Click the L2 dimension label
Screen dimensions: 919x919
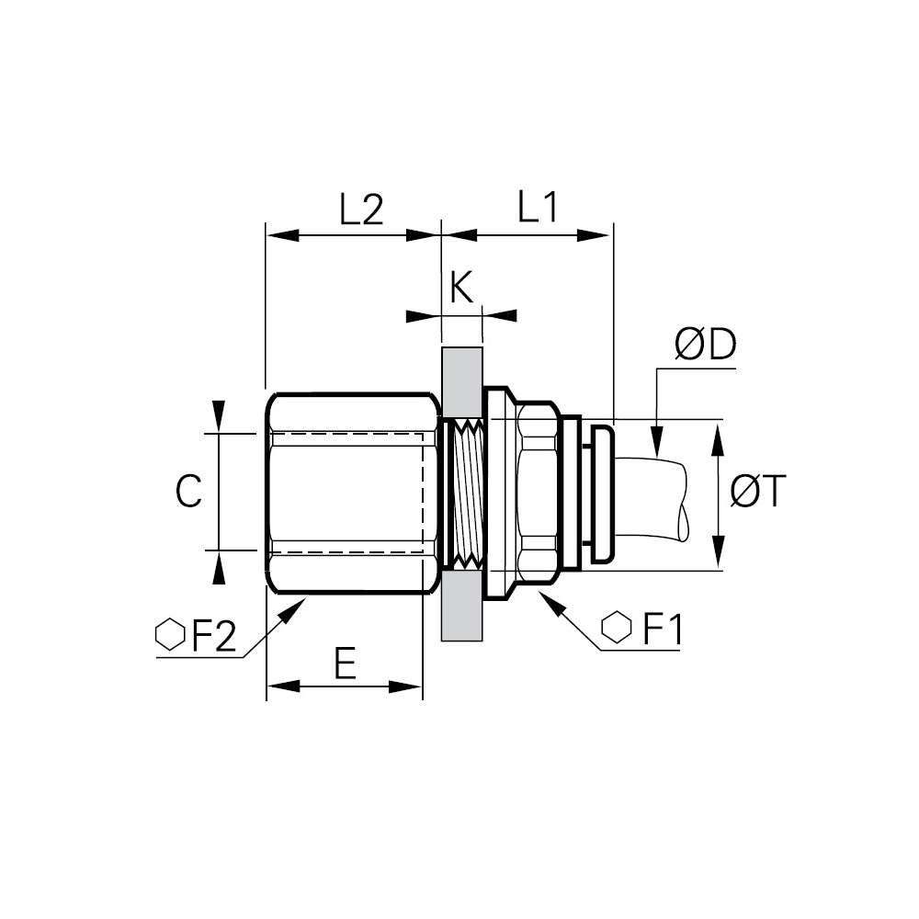click(x=361, y=210)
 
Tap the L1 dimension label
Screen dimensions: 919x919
click(x=538, y=206)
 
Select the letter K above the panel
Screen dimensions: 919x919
click(x=462, y=287)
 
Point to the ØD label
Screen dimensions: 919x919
click(x=705, y=345)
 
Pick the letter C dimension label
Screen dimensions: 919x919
click(x=188, y=491)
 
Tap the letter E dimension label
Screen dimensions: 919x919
click(x=346, y=663)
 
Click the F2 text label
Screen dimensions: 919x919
click(x=214, y=635)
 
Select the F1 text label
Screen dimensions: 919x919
click(x=663, y=630)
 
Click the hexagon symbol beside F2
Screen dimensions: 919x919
click(x=170, y=635)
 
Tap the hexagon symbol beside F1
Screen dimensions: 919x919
click(x=617, y=627)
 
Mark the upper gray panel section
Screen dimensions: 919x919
click(x=462, y=382)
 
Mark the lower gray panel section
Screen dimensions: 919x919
click(x=462, y=606)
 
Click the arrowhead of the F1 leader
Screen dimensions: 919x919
click(x=551, y=604)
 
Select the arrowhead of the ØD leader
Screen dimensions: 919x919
click(x=657, y=443)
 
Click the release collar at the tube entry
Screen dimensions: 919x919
click(x=601, y=494)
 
